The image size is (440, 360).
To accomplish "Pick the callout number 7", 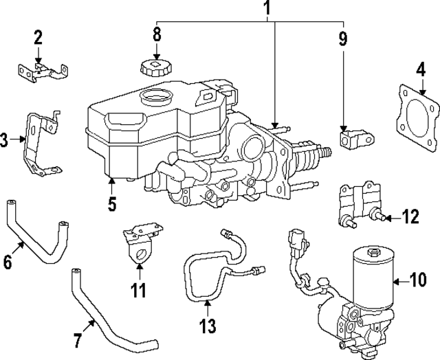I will (78, 339).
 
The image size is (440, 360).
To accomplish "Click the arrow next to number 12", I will (390, 218).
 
